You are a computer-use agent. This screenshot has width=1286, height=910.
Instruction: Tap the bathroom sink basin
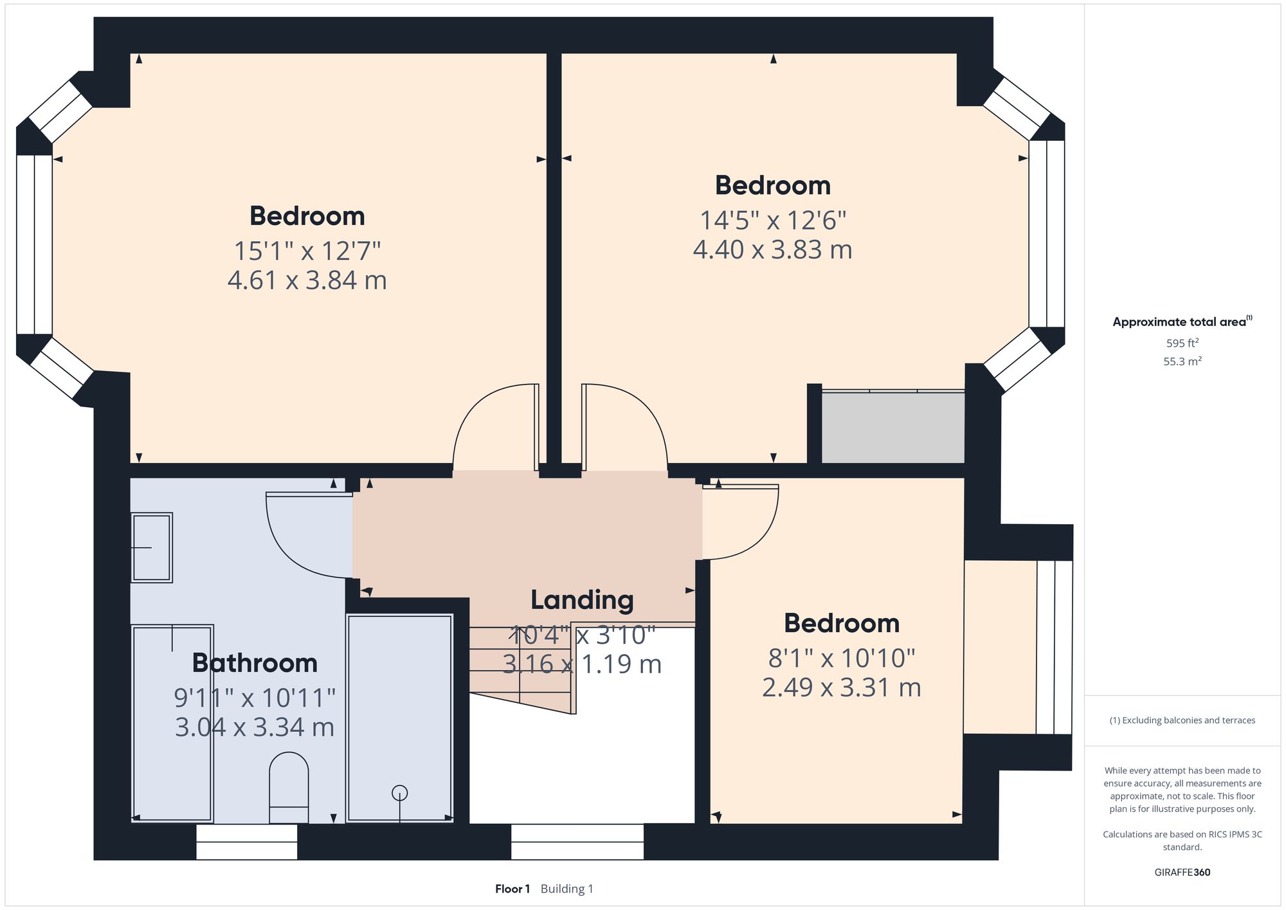point(152,547)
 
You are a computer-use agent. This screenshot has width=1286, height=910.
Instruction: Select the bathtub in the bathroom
point(172,723)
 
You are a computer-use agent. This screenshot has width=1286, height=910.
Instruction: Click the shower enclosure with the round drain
point(399,717)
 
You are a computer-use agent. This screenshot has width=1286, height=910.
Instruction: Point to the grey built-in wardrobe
point(892,427)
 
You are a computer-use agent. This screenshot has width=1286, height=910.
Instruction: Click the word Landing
point(582,600)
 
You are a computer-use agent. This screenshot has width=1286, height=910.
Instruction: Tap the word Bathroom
point(255,663)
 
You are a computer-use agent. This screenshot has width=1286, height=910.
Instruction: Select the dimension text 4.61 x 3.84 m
point(307,280)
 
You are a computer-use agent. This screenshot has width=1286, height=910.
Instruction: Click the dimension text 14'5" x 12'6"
point(772,221)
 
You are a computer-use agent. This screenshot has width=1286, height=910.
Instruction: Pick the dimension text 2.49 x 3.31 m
point(841,687)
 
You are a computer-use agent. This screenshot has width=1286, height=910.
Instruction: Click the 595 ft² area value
point(1182,343)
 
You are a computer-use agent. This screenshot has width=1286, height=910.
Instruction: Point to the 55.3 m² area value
point(1182,361)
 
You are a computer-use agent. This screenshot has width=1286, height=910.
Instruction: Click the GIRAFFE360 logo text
point(1182,873)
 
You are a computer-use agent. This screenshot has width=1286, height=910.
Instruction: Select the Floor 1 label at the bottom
point(512,889)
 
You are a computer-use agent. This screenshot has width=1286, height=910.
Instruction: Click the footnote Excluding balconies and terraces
point(1182,720)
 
